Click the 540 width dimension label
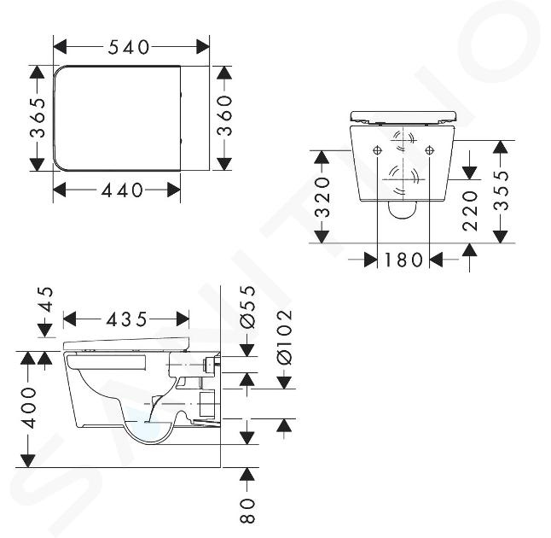coord(129,47)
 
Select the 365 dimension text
coord(38,118)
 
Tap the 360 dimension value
coord(224,116)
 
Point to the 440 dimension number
coord(122,190)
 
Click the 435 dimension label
coord(126,319)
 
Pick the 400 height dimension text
coord(29,408)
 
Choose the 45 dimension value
coord(45,300)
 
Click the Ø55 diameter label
coord(247,307)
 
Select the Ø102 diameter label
coord(284,337)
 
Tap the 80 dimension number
coord(247,510)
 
